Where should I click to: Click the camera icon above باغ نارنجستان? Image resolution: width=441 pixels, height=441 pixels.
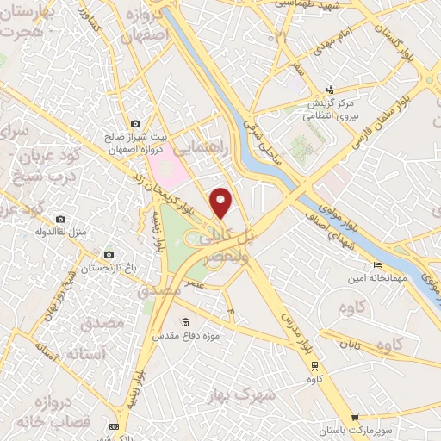click(x=109, y=255)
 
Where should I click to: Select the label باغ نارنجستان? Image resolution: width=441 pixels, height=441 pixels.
click(x=109, y=269)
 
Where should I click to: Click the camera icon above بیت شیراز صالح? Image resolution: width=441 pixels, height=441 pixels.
click(x=135, y=124)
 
